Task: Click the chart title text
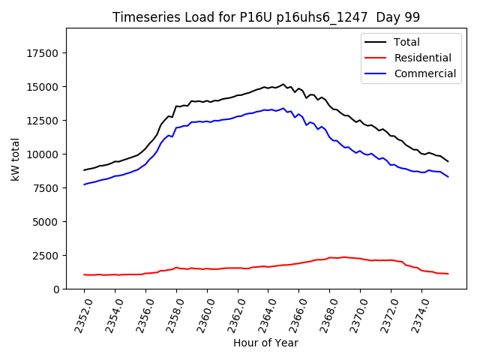click(265, 17)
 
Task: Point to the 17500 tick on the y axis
click(44, 53)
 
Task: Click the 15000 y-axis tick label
click(44, 87)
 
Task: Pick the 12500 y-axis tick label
click(44, 121)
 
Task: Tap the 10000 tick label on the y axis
click(44, 154)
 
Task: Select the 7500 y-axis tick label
click(47, 188)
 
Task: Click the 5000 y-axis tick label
click(47, 222)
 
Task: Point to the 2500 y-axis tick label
click(47, 256)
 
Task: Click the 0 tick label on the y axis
click(57, 289)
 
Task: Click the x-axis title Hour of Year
click(265, 343)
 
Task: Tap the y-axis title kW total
click(15, 159)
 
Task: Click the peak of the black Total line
click(283, 84)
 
